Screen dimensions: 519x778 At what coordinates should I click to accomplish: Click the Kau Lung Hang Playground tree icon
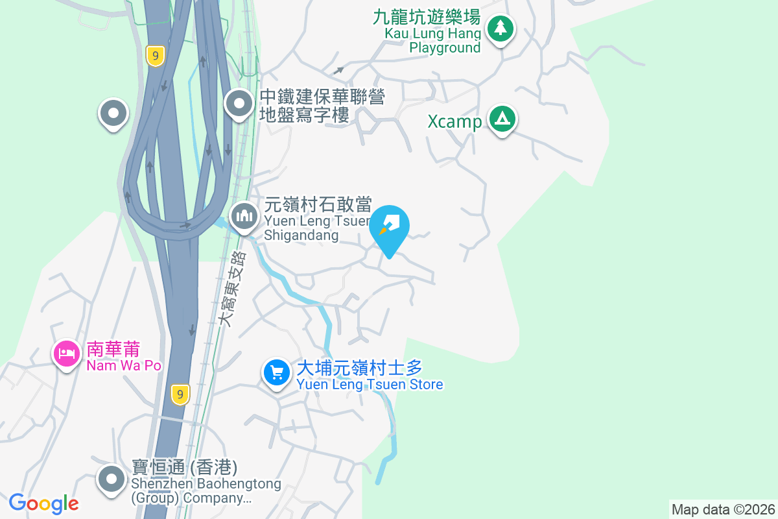click(500, 29)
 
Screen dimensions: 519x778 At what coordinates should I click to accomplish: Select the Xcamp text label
click(454, 122)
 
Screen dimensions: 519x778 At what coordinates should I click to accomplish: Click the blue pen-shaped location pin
click(390, 228)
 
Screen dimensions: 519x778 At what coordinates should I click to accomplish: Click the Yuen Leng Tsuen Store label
click(370, 376)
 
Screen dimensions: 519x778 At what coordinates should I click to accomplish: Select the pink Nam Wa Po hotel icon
click(67, 354)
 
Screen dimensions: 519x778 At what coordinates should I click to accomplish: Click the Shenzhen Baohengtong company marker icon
click(112, 479)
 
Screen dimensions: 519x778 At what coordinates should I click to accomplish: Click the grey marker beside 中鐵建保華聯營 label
click(239, 103)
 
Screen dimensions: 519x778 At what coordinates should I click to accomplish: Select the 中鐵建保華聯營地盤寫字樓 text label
click(322, 106)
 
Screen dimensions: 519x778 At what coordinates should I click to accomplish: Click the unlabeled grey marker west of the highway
click(113, 114)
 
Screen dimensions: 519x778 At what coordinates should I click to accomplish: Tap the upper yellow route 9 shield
click(155, 56)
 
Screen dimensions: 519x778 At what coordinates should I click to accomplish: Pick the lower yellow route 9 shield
click(181, 394)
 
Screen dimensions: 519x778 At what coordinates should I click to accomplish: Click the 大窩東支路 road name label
click(232, 289)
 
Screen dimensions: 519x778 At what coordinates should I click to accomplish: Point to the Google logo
click(44, 503)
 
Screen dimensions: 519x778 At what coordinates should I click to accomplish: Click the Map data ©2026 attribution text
click(723, 509)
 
